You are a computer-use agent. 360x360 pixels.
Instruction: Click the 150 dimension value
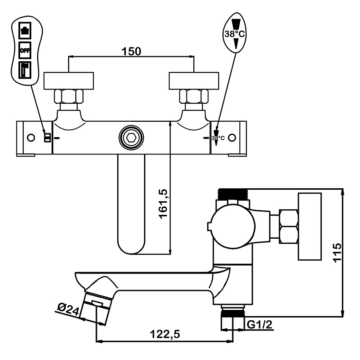[x=131, y=51]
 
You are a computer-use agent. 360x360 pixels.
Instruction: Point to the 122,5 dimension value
[x=165, y=334]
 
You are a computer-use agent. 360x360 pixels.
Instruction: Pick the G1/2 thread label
[x=260, y=325]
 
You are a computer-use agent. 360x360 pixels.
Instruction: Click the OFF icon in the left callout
[x=25, y=50]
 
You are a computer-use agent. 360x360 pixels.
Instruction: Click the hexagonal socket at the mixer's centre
[x=131, y=138]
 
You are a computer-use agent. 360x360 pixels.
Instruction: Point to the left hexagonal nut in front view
[x=68, y=96]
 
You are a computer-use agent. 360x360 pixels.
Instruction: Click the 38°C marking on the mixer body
[x=218, y=138]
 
